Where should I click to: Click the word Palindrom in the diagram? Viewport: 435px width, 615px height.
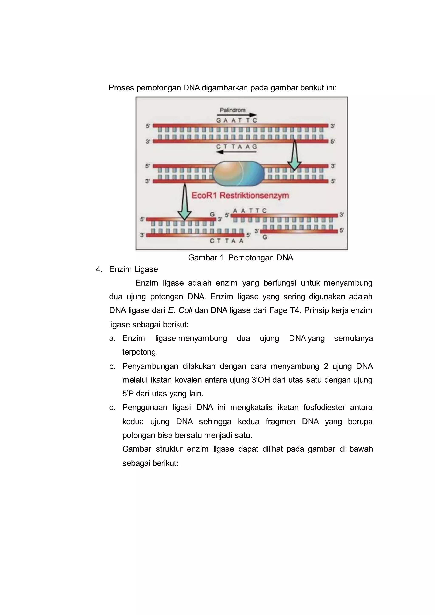point(233,110)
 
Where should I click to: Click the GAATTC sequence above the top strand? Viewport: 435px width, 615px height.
point(237,121)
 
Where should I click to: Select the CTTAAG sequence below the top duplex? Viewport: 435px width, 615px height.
point(237,147)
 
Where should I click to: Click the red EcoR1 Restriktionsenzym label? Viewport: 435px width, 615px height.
point(240,195)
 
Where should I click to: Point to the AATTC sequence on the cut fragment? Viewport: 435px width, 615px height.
point(250,210)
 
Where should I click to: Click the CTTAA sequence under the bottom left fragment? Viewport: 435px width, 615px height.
point(226,241)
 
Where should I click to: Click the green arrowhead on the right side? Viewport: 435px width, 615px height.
point(294,166)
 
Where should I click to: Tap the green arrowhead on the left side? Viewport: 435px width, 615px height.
point(184,215)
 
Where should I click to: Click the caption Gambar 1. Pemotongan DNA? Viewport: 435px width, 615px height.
point(240,258)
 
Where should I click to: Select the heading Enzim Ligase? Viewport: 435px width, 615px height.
point(133,269)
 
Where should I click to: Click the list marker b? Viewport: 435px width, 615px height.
point(112,366)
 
